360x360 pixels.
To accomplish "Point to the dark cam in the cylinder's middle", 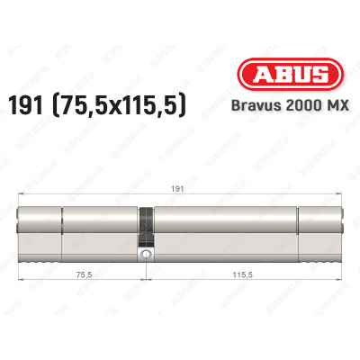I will (x=146, y=222).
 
